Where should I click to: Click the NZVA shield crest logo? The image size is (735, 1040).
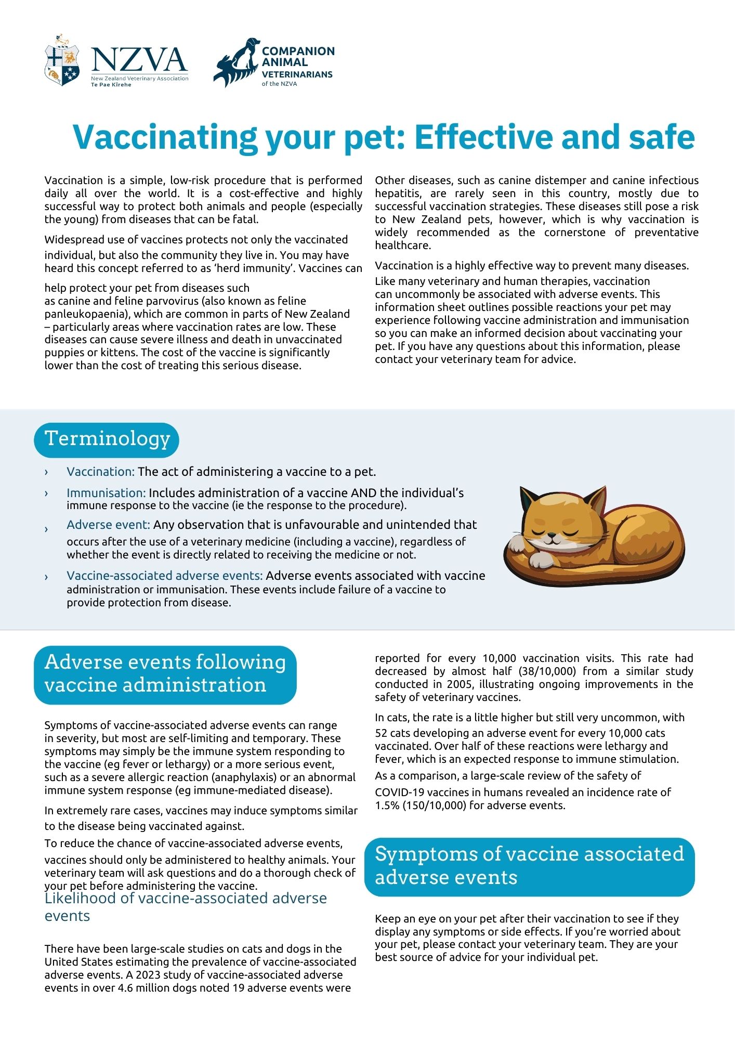click(x=62, y=61)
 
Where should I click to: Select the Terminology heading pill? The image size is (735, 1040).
click(x=107, y=439)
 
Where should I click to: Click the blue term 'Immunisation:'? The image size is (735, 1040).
click(x=106, y=492)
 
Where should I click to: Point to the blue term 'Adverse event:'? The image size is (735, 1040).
click(x=108, y=525)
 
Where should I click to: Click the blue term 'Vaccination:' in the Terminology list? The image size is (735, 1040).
click(x=100, y=472)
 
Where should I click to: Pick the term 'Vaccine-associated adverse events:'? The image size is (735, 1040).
click(x=165, y=576)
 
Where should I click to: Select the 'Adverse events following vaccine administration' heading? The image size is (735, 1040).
click(x=165, y=674)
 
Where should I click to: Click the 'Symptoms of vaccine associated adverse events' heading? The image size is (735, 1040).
click(x=529, y=866)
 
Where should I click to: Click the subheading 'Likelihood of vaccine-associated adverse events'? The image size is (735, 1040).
click(x=186, y=906)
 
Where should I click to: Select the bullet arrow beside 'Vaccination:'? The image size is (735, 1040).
click(x=46, y=472)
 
